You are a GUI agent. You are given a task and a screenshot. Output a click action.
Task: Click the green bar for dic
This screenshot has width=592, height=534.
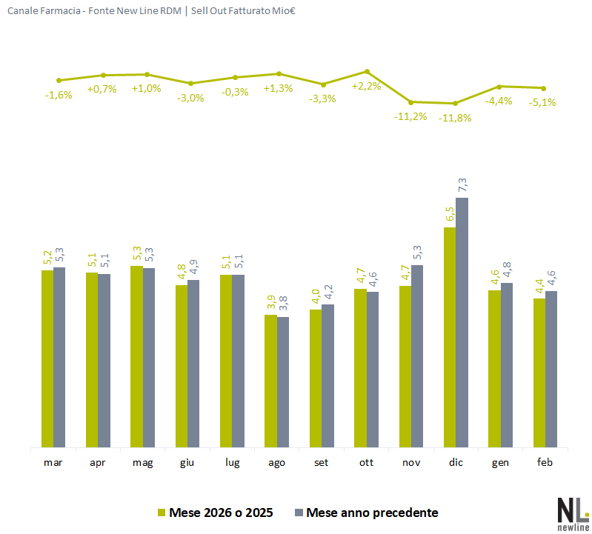click(x=450, y=337)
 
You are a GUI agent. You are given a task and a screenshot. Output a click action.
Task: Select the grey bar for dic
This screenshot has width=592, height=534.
click(x=462, y=322)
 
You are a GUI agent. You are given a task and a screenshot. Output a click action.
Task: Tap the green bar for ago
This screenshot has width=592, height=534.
click(x=271, y=381)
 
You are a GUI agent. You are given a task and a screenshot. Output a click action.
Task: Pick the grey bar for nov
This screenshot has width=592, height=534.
click(x=417, y=356)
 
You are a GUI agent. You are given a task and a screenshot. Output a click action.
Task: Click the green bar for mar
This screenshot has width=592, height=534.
click(x=47, y=358)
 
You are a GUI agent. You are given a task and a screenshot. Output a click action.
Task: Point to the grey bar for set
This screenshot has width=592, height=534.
click(x=328, y=376)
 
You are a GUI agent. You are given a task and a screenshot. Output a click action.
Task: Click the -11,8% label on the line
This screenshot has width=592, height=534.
click(x=455, y=118)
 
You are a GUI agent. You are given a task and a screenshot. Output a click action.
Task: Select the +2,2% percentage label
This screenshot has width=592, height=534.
click(x=366, y=86)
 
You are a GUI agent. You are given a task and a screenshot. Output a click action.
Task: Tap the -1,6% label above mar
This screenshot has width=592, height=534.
click(x=59, y=95)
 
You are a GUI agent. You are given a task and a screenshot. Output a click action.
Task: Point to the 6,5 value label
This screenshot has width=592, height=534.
click(x=450, y=214)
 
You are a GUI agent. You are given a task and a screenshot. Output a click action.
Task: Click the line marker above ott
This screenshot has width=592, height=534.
click(x=367, y=72)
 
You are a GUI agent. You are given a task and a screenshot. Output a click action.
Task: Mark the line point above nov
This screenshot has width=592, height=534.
click(x=411, y=101)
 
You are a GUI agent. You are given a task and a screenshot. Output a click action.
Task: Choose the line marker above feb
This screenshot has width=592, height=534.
click(x=544, y=88)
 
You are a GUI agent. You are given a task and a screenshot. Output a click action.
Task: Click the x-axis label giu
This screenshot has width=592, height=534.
click(x=187, y=463)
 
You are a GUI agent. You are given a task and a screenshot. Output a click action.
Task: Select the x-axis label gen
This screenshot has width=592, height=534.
click(x=499, y=463)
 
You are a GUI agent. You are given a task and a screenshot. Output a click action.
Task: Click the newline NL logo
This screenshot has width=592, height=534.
click(x=571, y=512)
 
